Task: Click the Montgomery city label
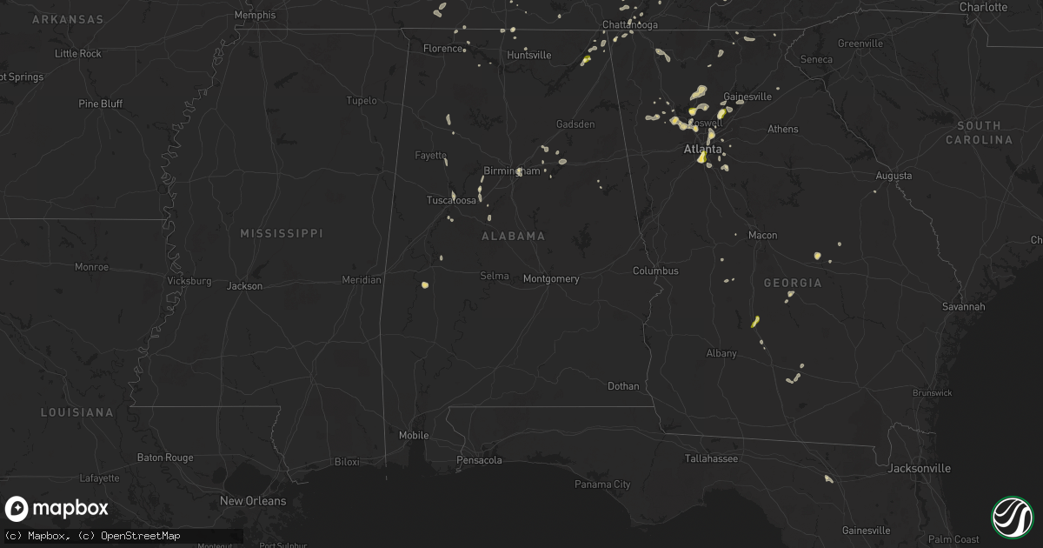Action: pos(551,279)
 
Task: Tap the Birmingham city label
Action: pos(511,170)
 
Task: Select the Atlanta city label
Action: pos(702,150)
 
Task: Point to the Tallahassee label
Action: pos(711,458)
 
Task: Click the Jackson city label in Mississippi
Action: pos(244,286)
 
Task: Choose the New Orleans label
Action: pos(252,501)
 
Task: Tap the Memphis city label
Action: pos(255,15)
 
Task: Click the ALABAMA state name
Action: pos(513,237)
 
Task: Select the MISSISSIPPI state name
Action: pos(281,234)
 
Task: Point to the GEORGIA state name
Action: pos(792,284)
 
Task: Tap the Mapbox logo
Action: pos(57,509)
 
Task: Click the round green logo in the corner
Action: pos(1012,516)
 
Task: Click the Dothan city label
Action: pos(623,386)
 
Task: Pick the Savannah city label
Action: pos(963,307)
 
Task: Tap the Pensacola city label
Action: pos(479,460)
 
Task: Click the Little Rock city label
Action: pos(78,54)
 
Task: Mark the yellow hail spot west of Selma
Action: pos(425,284)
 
